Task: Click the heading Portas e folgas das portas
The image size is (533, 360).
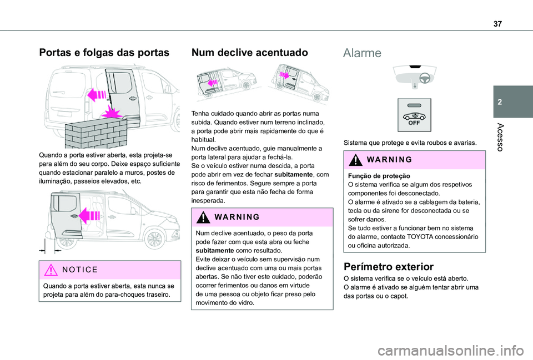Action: (103, 53)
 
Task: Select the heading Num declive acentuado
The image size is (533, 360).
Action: (249, 53)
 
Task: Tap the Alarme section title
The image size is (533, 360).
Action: (363, 53)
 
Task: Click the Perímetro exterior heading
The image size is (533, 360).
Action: (389, 266)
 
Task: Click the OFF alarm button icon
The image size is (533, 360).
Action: (414, 114)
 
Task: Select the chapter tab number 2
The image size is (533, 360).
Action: (512, 103)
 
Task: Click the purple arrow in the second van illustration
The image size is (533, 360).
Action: (88, 214)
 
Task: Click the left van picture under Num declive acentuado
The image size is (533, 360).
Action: (225, 83)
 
